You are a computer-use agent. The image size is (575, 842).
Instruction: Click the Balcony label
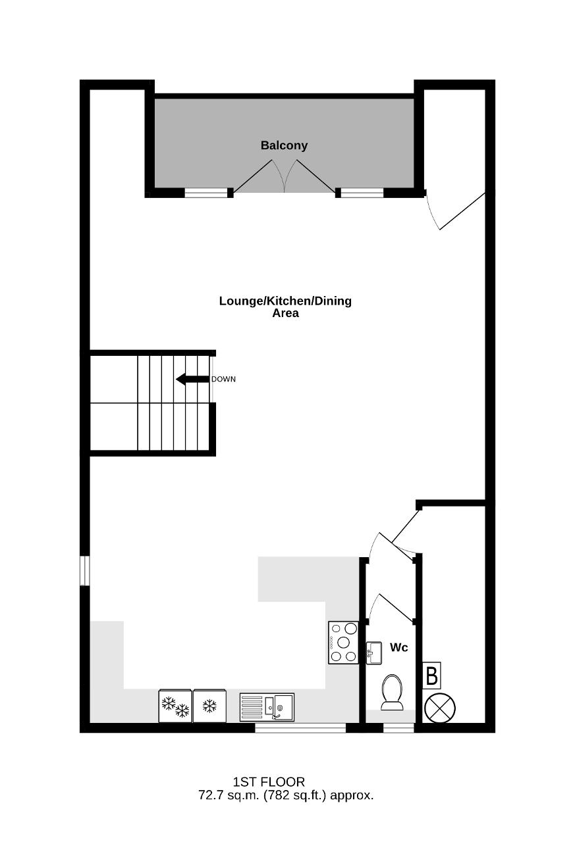[x=284, y=145]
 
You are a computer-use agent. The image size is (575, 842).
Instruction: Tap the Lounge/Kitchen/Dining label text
[x=285, y=301]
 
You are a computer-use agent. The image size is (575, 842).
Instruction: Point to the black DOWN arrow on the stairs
[x=192, y=379]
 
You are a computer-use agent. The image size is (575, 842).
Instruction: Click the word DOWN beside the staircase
[x=223, y=380]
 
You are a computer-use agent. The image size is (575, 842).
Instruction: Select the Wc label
[x=399, y=647]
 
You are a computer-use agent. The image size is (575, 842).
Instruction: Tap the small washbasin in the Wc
[x=373, y=653]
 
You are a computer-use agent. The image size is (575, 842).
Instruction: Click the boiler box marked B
[x=431, y=676]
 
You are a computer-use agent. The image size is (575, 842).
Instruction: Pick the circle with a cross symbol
[x=440, y=708]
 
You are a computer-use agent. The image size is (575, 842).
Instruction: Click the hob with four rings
[x=343, y=643]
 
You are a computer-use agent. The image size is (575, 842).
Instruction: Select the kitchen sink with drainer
[x=267, y=707]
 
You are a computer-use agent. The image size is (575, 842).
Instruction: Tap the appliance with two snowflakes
[x=175, y=706]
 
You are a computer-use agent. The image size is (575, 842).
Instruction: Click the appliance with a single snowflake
[x=209, y=706]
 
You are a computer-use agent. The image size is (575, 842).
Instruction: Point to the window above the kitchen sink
[x=300, y=728]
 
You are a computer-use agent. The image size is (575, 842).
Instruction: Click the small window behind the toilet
[x=398, y=728]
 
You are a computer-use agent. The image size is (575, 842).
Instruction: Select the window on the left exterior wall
[x=85, y=570]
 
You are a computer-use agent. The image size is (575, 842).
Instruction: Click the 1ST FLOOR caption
[x=269, y=782]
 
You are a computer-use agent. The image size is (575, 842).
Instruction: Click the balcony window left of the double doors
[x=206, y=193]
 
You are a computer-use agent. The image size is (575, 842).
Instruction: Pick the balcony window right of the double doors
[x=362, y=193]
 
